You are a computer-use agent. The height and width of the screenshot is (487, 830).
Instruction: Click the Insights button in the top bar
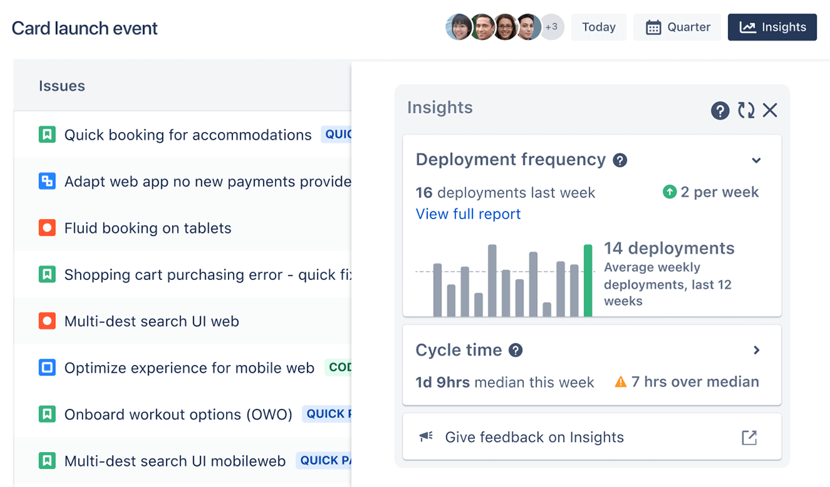(772, 27)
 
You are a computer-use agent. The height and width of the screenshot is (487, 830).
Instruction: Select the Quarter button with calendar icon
(677, 27)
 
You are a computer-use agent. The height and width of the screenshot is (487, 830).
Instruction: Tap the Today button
(598, 27)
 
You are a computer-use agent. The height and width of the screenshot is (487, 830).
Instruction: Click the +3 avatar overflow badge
(552, 27)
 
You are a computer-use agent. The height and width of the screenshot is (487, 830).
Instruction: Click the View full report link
(468, 214)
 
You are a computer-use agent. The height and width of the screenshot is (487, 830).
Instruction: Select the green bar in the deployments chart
(588, 280)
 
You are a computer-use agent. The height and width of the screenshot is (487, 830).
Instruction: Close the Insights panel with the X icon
(770, 110)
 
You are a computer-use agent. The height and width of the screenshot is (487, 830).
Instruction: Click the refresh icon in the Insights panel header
(746, 110)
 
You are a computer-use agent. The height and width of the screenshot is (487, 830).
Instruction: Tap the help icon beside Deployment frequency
(620, 160)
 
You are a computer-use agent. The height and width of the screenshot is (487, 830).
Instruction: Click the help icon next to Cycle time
(516, 350)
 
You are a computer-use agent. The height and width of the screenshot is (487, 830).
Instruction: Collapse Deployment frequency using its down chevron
(756, 160)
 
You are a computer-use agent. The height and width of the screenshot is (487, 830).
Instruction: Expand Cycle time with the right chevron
(756, 350)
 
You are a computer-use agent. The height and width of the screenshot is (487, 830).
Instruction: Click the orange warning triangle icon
(620, 382)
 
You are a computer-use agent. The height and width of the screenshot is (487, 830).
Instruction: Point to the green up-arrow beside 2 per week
(669, 192)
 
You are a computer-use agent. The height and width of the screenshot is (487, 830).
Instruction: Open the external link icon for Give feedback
(749, 437)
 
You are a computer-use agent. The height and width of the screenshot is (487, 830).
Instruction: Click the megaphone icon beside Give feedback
(426, 437)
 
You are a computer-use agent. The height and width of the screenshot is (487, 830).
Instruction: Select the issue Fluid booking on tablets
(147, 228)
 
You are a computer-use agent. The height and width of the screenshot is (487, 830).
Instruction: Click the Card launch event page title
(84, 28)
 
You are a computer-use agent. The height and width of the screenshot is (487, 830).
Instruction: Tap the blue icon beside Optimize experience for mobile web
(47, 368)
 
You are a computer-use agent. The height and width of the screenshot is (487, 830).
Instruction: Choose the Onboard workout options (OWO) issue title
(178, 415)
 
